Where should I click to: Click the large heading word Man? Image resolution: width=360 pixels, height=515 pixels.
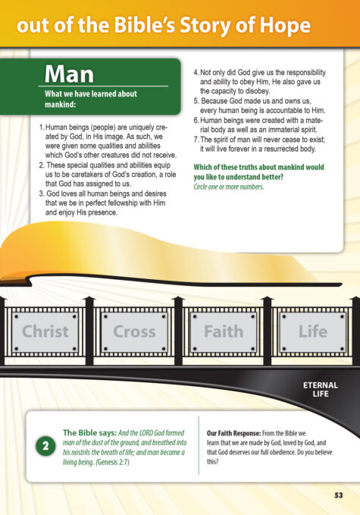point(69,74)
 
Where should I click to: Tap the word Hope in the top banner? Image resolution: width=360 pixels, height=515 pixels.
point(285,26)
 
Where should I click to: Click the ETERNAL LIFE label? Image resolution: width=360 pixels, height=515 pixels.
point(321,389)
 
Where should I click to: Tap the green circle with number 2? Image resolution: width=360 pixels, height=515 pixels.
point(45,446)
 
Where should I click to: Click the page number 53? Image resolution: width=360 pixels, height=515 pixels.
point(339,495)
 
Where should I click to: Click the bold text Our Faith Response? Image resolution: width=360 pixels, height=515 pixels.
point(233,433)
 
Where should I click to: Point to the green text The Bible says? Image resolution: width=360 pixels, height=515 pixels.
point(89,432)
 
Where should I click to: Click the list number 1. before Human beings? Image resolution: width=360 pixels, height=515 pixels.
point(42,127)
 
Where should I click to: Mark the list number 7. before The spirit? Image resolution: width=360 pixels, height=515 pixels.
point(196,140)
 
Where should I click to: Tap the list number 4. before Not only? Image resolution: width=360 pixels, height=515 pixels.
point(196,72)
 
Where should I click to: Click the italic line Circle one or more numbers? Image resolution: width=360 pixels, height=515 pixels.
point(229,187)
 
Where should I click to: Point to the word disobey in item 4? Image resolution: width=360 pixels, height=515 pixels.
point(257,91)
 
